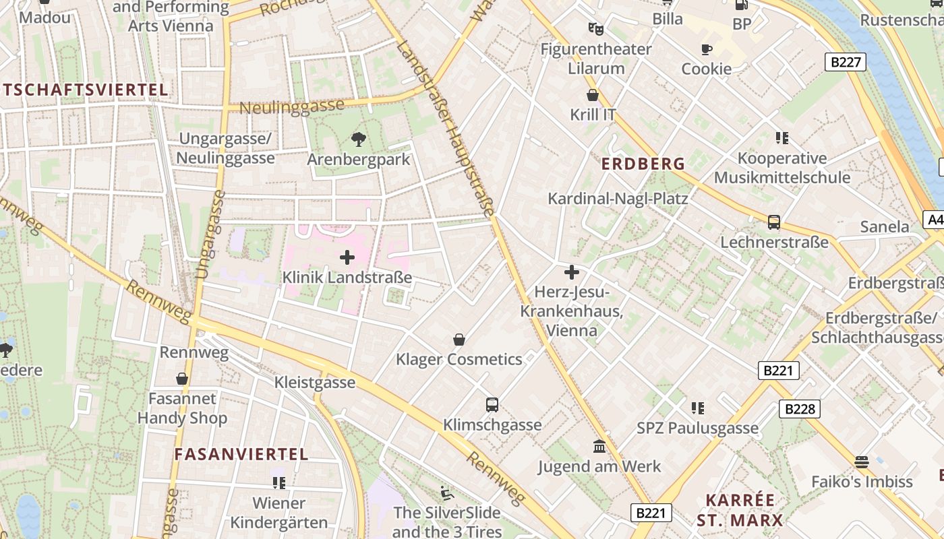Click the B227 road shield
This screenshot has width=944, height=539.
tap(846, 63)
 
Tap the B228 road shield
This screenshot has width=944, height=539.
tap(800, 408)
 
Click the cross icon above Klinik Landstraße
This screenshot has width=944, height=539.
tap(347, 257)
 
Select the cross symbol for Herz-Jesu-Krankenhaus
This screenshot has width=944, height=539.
tap(571, 272)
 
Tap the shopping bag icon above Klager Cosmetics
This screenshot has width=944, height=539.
tap(459, 340)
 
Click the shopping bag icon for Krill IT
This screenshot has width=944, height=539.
tap(593, 95)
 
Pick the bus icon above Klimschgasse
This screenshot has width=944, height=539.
tap(492, 405)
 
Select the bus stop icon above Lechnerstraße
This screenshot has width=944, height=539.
tap(774, 222)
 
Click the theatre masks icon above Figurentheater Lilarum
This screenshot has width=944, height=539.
tap(595, 29)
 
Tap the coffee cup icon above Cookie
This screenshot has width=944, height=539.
tap(706, 49)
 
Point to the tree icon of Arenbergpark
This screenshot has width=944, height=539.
tap(359, 139)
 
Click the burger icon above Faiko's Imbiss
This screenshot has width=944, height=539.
tap(861, 462)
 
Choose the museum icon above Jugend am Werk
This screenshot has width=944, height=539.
tap(599, 446)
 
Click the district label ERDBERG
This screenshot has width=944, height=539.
tap(643, 164)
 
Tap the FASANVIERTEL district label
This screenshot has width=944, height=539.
tap(241, 454)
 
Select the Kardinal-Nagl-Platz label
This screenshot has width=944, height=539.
tap(618, 198)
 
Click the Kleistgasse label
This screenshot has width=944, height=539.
tap(314, 383)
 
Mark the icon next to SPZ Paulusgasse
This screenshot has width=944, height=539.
tap(697, 408)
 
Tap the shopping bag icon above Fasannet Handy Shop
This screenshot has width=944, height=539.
tap(182, 379)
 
